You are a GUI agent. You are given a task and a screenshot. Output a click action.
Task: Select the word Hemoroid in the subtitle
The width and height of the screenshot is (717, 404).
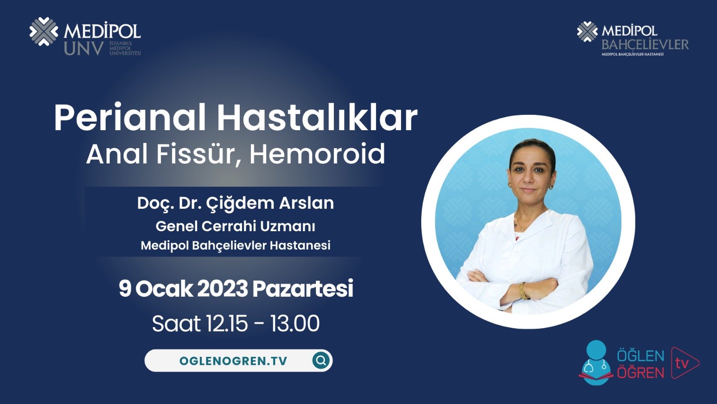317,154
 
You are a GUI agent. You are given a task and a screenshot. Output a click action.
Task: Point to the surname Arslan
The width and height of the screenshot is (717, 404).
307,203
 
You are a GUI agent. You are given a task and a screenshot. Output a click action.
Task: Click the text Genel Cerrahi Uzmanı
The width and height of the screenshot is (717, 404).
235,226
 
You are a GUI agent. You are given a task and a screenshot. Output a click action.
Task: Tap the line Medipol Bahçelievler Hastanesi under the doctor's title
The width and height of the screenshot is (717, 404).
235,246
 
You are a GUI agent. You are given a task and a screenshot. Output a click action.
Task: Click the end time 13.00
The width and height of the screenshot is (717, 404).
295,324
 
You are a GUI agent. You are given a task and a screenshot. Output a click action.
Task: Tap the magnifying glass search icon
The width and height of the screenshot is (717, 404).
321,360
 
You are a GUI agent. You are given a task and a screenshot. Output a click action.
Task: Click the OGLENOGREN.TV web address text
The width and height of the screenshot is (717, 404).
233,361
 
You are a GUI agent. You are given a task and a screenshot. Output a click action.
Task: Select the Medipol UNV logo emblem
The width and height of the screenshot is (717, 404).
43,31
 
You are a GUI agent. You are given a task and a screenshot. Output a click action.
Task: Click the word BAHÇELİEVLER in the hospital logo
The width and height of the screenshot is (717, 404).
645,44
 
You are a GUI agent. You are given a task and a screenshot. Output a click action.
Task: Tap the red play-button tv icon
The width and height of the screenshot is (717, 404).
684,363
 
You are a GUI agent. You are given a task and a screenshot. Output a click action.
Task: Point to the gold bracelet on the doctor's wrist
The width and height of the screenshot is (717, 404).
522,290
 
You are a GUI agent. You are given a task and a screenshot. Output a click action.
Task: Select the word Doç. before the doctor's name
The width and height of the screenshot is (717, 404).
155,203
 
